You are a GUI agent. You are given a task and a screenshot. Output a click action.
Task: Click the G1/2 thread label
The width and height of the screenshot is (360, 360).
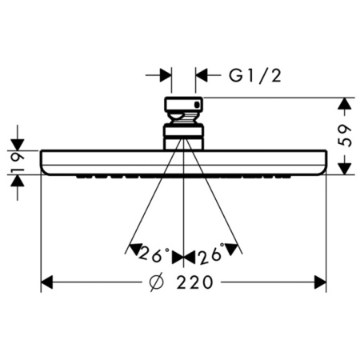click(x=255, y=76)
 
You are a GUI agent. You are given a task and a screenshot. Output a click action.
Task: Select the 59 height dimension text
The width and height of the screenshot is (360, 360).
click(x=346, y=136)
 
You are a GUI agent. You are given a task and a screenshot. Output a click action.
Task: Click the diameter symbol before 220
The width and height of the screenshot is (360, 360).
click(x=157, y=282)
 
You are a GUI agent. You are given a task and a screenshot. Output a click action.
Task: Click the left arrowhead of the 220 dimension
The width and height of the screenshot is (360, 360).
click(x=47, y=282)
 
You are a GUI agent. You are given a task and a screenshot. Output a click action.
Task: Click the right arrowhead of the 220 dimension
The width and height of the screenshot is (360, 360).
click(x=320, y=282)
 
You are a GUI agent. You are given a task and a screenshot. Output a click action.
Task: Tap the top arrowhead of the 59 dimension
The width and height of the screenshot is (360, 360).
click(x=345, y=104)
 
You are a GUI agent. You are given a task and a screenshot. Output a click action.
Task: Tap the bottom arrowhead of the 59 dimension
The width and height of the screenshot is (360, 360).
click(x=345, y=168)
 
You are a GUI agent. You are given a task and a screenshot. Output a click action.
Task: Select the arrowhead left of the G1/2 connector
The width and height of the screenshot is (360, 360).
click(x=166, y=76)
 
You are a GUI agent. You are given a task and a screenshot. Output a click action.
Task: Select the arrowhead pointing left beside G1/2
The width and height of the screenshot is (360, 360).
click(x=202, y=76)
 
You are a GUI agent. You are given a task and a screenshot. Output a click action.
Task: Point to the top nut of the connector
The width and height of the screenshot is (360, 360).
click(x=184, y=106)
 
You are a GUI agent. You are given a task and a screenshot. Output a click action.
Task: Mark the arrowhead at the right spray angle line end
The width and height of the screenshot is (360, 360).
click(x=234, y=248)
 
